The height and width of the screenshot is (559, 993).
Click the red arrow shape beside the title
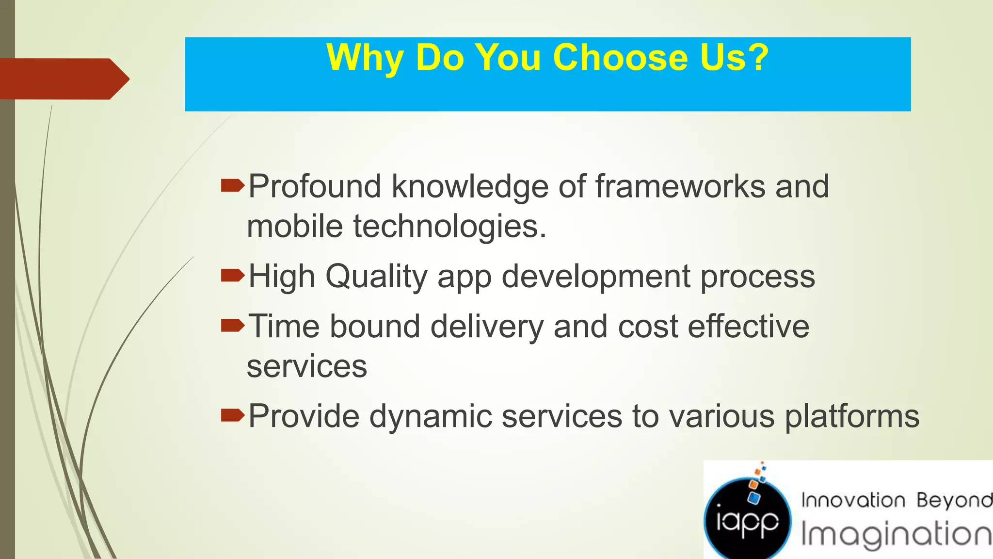(63, 79)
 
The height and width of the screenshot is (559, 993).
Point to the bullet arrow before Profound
(232, 185)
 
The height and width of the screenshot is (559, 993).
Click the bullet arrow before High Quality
(232, 276)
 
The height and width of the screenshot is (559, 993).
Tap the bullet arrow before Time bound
(232, 325)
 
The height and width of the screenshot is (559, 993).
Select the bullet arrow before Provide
(232, 415)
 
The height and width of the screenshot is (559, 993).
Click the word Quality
(376, 277)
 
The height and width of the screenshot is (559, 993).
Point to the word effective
(749, 326)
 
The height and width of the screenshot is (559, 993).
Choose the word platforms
(852, 416)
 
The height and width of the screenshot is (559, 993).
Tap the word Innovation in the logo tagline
(853, 500)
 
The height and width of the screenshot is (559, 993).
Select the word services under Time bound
(307, 366)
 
